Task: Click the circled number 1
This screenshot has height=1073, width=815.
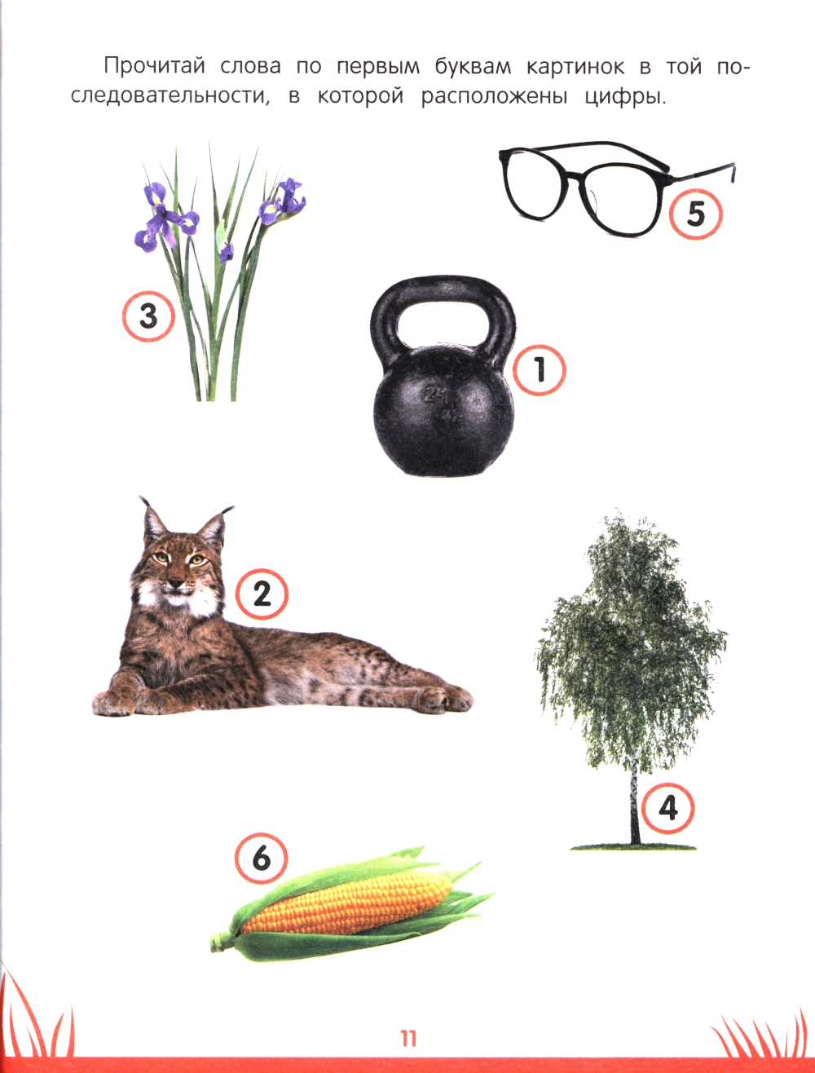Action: [539, 369]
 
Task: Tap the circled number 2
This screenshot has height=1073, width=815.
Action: [262, 594]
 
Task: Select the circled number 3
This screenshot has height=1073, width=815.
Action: [148, 316]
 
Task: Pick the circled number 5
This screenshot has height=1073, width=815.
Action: [695, 214]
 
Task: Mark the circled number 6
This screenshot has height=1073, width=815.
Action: [262, 858]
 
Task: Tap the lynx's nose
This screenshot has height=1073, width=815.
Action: [174, 583]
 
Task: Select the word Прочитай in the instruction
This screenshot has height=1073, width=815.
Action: [154, 67]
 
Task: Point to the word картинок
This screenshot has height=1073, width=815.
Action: [575, 67]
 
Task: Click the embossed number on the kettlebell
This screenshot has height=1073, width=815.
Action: [435, 394]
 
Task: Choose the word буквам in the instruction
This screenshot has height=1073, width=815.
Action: [473, 67]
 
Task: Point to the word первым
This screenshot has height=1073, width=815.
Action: [378, 68]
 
